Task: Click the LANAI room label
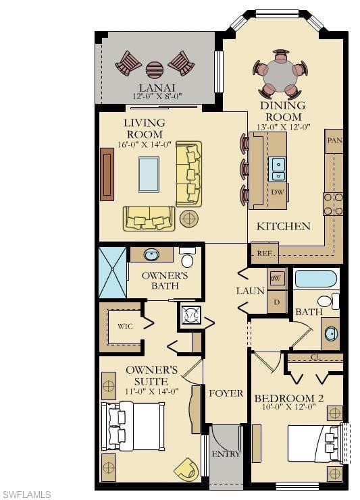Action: click(x=157, y=88)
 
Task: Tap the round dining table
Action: click(x=280, y=76)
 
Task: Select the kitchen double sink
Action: click(x=277, y=169)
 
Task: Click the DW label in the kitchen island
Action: click(x=277, y=192)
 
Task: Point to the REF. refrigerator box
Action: click(x=265, y=254)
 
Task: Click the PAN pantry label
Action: click(x=334, y=140)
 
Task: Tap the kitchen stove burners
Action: click(x=333, y=204)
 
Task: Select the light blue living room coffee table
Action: click(x=149, y=174)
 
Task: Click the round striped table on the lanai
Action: click(x=155, y=70)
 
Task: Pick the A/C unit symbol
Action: click(x=191, y=314)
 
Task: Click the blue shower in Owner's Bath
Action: click(x=113, y=273)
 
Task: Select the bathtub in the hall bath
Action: click(x=316, y=279)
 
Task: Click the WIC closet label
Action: click(x=125, y=327)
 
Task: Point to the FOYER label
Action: click(x=226, y=393)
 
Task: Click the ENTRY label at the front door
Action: click(x=226, y=453)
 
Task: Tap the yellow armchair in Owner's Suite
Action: click(x=186, y=468)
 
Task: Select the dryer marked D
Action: click(x=277, y=302)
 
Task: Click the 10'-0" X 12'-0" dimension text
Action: click(x=289, y=407)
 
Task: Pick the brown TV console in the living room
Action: click(x=107, y=174)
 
